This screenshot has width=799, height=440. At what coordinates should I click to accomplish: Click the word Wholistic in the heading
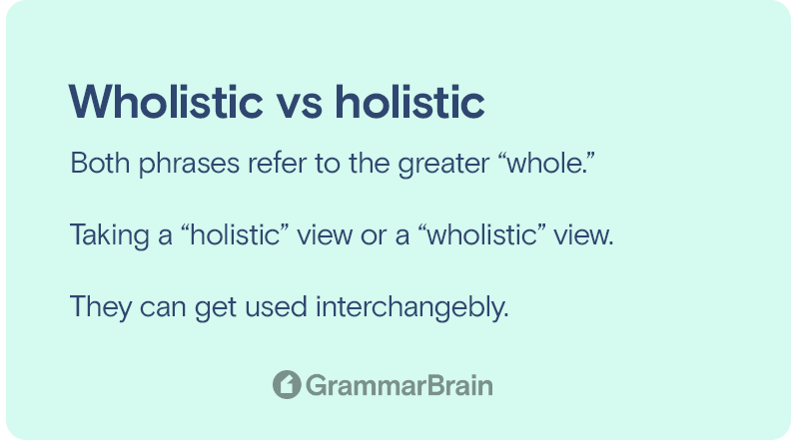pos(166,102)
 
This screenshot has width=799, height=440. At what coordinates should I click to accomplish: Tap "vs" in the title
pos(300,107)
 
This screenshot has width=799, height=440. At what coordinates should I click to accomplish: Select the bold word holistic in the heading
pos(409,102)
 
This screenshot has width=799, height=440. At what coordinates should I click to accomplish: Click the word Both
pos(100,163)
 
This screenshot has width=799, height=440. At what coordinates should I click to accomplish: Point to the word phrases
pos(189,165)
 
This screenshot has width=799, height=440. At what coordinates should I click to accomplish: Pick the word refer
pos(278,164)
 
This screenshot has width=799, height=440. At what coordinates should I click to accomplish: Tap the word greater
pos(443,165)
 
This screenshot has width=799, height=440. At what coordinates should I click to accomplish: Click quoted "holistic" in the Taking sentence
pos(235,234)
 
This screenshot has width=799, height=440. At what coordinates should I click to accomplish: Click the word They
pos(101,308)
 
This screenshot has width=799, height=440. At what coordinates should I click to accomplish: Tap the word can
pos(163,310)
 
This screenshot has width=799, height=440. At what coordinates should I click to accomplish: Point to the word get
pos(216,310)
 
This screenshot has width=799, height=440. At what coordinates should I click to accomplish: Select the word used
pos(277,307)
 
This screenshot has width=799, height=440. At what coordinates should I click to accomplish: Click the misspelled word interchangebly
pos(412,308)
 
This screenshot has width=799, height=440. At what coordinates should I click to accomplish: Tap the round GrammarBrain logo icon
pos(287,384)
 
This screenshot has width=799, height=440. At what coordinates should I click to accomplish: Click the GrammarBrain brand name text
pos(399,385)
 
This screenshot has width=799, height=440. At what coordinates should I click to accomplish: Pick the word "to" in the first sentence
pos(328,164)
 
